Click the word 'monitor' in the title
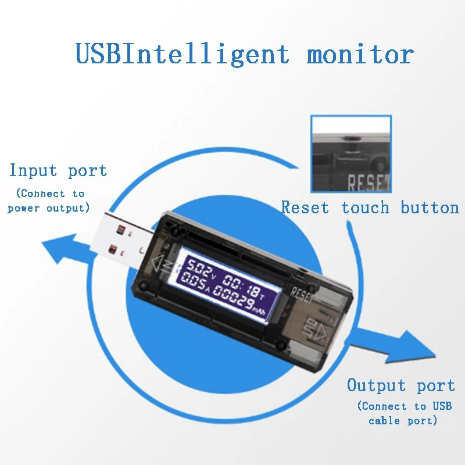pyautogui.click(x=360, y=55)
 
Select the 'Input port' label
pyautogui.click(x=58, y=170)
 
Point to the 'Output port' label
pyautogui.click(x=400, y=385)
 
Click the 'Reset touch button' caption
pyautogui.click(x=370, y=208)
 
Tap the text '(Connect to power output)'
pyautogui.click(x=49, y=201)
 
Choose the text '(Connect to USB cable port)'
pyautogui.click(x=403, y=413)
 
